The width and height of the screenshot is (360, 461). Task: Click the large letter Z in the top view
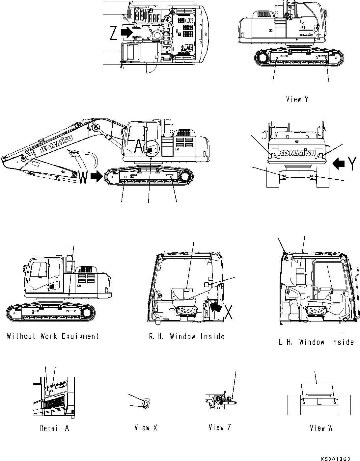(114, 34)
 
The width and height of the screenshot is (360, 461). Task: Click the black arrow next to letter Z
(126, 32)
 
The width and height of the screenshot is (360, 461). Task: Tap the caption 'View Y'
(297, 99)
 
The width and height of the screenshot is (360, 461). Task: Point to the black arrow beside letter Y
(339, 163)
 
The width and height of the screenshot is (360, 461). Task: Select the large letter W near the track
(84, 177)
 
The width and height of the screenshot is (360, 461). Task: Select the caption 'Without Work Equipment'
(53, 336)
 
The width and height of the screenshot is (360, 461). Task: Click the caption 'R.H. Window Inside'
(187, 336)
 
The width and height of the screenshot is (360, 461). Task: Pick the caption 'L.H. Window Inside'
(316, 342)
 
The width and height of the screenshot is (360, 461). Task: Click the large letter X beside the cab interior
(229, 312)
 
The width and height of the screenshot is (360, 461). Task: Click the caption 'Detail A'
(55, 428)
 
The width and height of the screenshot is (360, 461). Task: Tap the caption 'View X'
(146, 428)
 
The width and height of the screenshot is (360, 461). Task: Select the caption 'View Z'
(220, 427)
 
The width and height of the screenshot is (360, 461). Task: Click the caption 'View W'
(321, 428)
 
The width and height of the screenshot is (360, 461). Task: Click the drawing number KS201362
(336, 459)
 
